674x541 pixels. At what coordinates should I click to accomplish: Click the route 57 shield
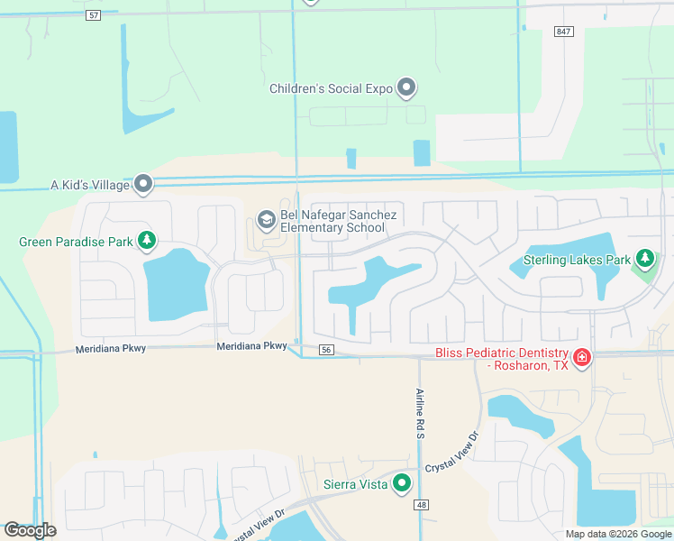94,16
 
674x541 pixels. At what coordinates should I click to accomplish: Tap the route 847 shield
564,32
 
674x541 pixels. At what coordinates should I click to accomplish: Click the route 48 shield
423,505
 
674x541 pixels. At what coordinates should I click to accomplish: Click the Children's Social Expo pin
407,87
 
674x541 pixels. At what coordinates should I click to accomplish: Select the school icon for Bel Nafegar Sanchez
267,219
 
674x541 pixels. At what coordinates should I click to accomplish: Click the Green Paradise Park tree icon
147,241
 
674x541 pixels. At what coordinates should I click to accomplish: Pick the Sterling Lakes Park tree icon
644,260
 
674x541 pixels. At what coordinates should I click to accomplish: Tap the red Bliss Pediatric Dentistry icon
582,358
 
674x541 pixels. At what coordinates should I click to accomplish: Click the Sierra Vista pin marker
402,484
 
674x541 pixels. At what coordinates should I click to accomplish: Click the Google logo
30,530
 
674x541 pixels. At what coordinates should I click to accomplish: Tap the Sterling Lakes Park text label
577,261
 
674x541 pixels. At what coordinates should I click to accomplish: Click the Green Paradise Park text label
76,242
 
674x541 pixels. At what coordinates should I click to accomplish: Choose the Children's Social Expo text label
331,88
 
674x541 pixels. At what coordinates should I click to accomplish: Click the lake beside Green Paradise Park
176,284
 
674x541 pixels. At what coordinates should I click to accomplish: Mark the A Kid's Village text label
89,185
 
